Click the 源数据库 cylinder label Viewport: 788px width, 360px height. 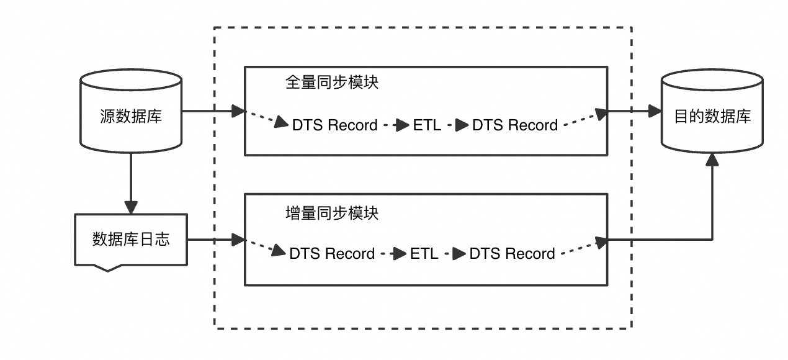(131, 117)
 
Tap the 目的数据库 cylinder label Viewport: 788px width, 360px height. (712, 117)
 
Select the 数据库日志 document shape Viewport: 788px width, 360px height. (131, 240)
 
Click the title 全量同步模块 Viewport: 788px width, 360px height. (332, 83)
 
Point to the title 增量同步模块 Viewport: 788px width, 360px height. (332, 213)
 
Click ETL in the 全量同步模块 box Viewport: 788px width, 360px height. (427, 125)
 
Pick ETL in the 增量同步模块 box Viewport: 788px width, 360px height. (424, 254)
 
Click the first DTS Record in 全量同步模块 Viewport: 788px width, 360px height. (335, 125)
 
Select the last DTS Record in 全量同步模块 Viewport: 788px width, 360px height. (515, 125)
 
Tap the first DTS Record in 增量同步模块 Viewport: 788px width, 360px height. (332, 254)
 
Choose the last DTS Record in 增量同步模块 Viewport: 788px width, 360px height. (512, 254)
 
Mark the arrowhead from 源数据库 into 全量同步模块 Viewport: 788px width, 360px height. (238, 112)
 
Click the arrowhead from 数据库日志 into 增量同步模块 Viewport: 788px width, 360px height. (238, 240)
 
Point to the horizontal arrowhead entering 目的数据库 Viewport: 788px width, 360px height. (655, 112)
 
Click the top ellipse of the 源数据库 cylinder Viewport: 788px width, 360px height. (131, 81)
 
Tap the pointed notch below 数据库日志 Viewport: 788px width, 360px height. (107, 268)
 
